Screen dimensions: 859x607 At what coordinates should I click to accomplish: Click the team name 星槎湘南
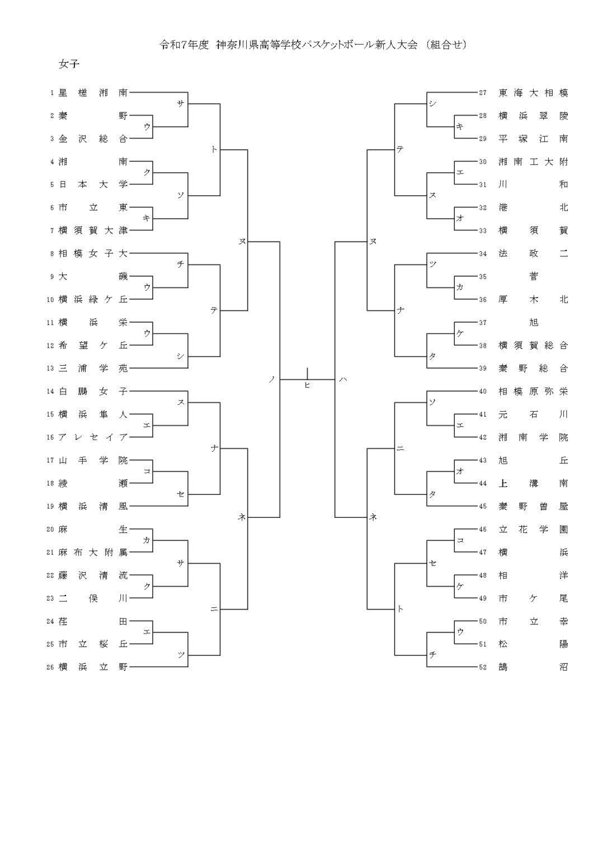[x=93, y=93]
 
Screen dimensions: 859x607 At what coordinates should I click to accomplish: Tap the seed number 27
[x=483, y=93]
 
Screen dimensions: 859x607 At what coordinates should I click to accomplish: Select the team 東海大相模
[x=533, y=93]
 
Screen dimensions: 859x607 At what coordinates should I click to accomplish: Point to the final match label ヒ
[x=307, y=385]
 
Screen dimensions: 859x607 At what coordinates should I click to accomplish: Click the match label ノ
[x=272, y=380]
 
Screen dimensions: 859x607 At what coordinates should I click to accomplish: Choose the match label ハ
[x=343, y=380]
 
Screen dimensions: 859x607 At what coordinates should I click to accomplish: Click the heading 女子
[x=69, y=64]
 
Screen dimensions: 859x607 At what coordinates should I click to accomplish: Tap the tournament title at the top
[x=313, y=45]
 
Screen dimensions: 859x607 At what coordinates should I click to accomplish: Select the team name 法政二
[x=533, y=253]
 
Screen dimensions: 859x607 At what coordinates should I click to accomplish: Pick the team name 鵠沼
[x=533, y=667]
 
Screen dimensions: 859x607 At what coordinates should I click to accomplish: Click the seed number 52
[x=483, y=667]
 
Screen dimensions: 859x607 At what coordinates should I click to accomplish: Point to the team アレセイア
[x=93, y=437]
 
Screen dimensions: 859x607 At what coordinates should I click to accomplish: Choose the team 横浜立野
[x=93, y=667]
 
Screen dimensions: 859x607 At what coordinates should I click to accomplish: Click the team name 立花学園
[x=533, y=529]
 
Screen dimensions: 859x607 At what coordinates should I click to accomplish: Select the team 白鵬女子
[x=93, y=391]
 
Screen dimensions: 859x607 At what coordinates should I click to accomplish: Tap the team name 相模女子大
[x=93, y=253]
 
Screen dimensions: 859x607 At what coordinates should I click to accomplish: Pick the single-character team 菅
[x=533, y=276]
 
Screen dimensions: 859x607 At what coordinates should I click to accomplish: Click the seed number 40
[x=483, y=391]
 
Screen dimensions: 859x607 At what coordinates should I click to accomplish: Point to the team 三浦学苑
[x=93, y=369]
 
